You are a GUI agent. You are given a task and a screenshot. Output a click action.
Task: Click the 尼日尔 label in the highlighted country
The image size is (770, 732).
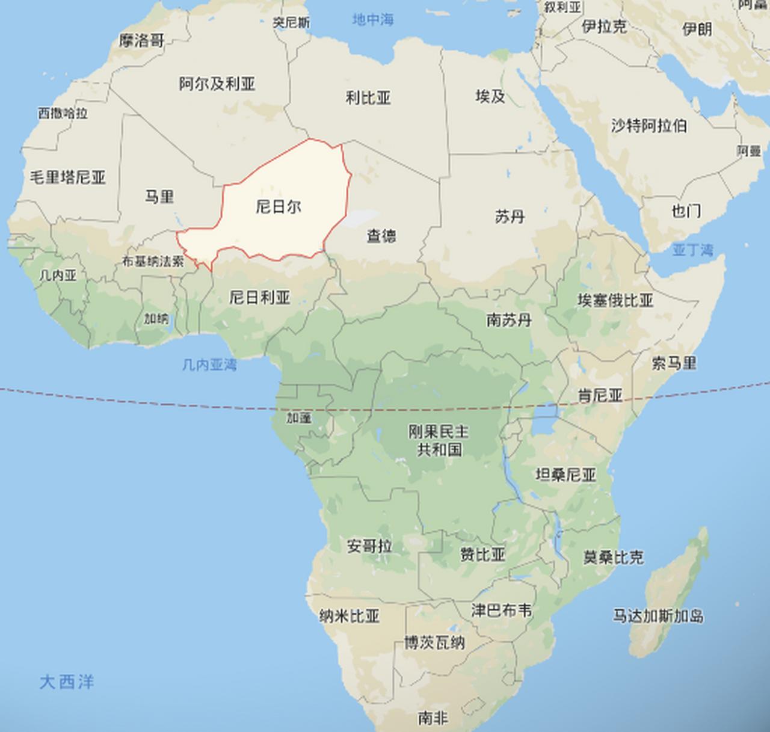click(x=279, y=208)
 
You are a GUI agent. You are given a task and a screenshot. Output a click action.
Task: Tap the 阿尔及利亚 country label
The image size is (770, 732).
click(x=217, y=84)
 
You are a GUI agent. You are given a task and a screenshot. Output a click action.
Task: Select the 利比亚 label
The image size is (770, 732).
click(x=368, y=97)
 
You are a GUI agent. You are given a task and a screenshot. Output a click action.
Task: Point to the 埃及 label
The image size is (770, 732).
click(x=490, y=96)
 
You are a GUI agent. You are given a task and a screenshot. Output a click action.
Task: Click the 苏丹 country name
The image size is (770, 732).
click(x=510, y=217)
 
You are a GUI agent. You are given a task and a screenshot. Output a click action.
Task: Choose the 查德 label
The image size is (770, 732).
click(x=381, y=235)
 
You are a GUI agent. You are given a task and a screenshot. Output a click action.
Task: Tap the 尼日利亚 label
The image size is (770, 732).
click(x=260, y=297)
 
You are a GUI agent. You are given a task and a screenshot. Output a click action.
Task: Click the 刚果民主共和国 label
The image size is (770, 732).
click(x=439, y=440)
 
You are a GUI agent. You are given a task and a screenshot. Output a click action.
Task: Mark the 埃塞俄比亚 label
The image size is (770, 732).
click(x=615, y=300)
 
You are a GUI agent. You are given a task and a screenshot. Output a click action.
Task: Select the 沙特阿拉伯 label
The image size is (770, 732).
click(x=648, y=126)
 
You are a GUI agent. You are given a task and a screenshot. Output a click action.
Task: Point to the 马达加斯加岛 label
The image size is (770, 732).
click(x=658, y=616)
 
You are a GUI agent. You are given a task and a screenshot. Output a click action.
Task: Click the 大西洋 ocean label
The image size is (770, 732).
click(x=67, y=682)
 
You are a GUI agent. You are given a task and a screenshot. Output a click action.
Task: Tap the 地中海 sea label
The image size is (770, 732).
click(x=373, y=20)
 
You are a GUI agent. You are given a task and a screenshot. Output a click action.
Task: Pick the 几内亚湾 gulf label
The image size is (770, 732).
click(x=209, y=364)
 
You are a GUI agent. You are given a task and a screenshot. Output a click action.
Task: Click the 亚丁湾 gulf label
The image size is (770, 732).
click(x=692, y=250)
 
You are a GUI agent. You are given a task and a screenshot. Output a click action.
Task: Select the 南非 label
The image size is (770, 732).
click(x=433, y=718)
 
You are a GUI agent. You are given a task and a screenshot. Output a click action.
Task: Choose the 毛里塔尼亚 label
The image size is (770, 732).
click(x=67, y=177)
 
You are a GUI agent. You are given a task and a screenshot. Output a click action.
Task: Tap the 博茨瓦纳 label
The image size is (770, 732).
click(x=434, y=643)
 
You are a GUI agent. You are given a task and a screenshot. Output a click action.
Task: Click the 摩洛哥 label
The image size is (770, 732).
click(x=141, y=41)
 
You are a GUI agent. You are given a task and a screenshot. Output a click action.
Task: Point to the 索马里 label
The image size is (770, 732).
click(x=674, y=363)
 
